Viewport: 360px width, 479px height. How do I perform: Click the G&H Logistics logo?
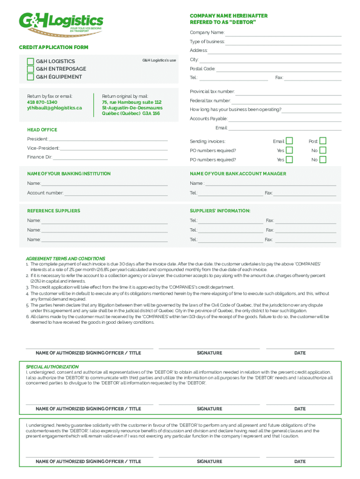tap(61, 22)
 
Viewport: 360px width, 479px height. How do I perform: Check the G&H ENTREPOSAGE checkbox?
tap(30, 69)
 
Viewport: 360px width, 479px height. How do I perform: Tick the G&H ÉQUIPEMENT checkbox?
tap(30, 77)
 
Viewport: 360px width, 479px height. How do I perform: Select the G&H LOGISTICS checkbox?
tap(30, 61)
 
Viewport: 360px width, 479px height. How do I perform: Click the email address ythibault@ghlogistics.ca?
tap(54, 108)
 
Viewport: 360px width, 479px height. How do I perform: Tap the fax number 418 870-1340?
tap(42, 102)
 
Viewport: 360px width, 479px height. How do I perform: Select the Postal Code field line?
tap(279, 70)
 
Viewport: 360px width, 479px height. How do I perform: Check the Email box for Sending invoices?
tap(289, 141)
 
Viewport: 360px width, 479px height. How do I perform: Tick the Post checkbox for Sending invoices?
tap(323, 141)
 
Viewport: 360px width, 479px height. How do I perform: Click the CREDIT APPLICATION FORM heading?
tap(53, 47)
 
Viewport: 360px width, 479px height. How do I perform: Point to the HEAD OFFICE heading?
tap(42, 130)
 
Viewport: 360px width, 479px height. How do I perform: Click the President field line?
tap(108, 139)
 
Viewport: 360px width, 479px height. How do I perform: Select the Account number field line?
tap(116, 194)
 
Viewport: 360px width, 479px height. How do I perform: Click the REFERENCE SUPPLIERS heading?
tap(53, 210)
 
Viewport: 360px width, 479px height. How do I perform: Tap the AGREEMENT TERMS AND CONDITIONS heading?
tap(65, 258)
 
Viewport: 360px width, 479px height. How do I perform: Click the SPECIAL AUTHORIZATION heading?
tap(52, 367)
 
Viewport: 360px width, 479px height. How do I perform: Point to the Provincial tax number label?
tap(212, 92)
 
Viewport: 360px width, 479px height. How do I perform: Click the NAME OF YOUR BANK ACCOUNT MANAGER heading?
tap(238, 174)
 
